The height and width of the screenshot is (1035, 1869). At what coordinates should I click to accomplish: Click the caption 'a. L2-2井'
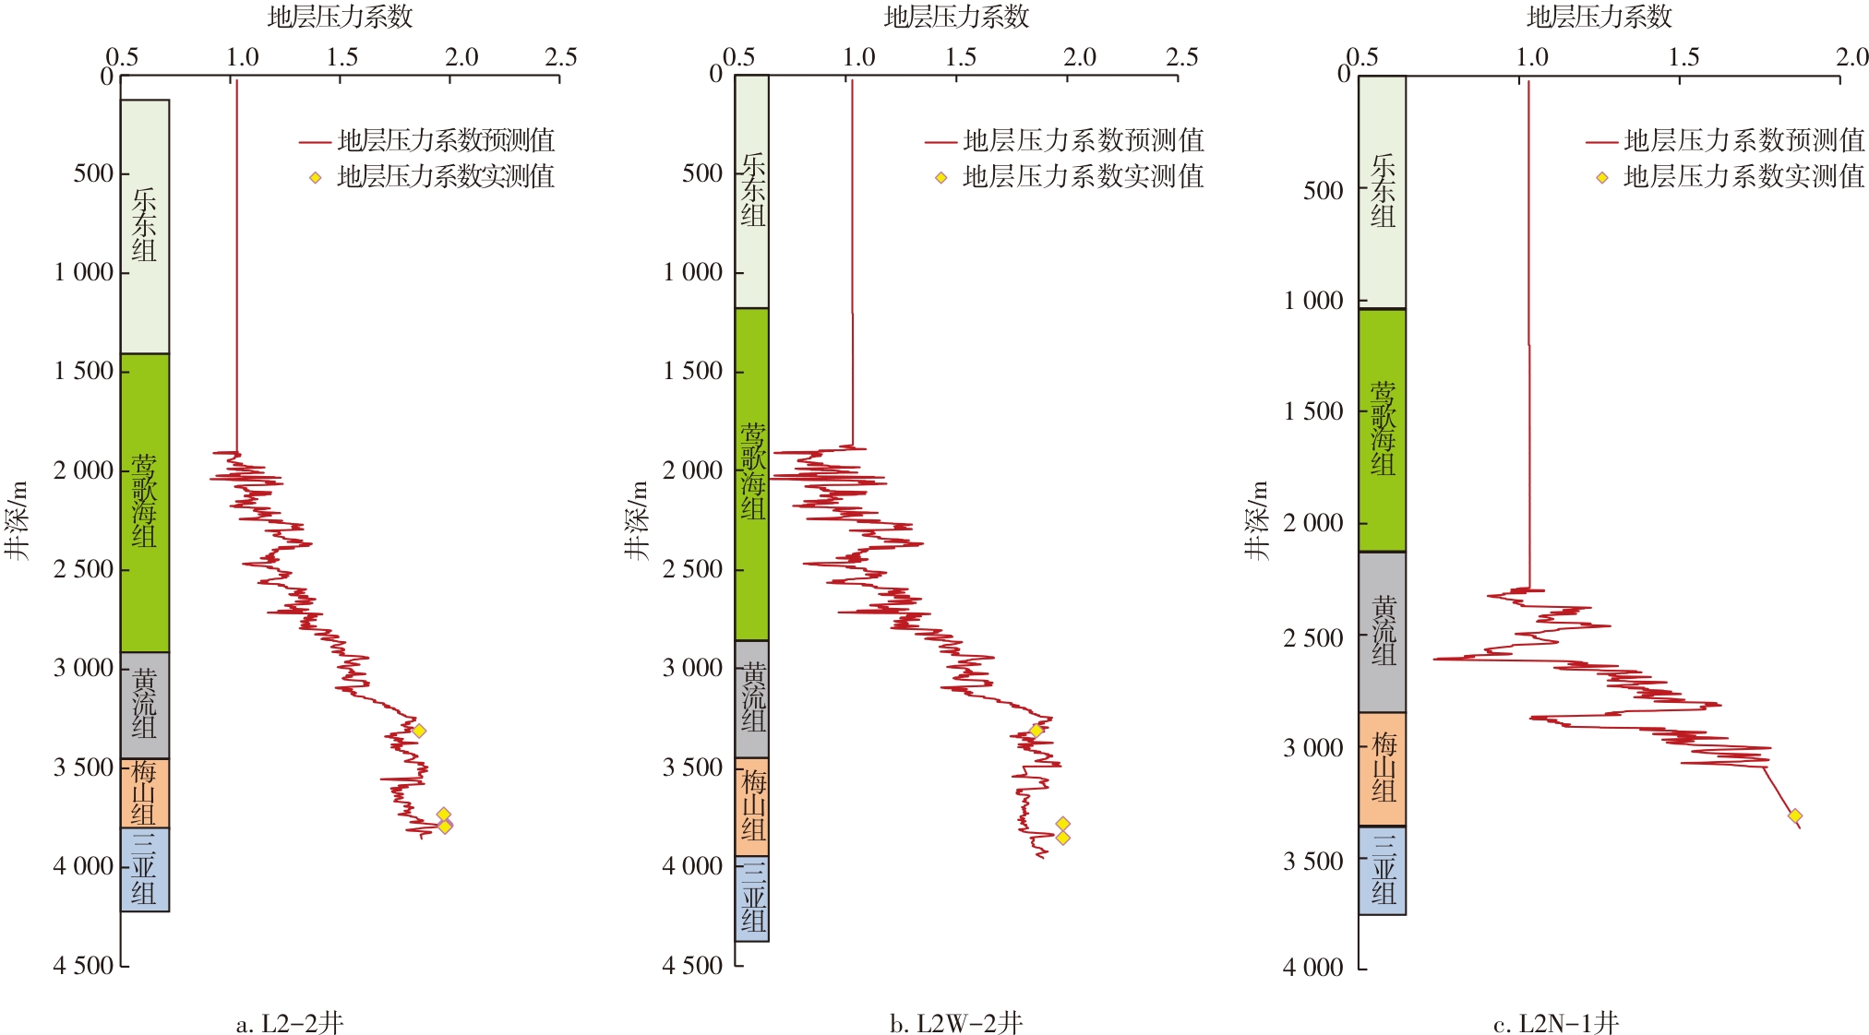tap(290, 1023)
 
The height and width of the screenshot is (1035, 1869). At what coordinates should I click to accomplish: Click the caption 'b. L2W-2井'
tap(955, 1023)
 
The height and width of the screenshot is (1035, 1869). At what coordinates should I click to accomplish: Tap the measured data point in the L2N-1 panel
tap(1794, 815)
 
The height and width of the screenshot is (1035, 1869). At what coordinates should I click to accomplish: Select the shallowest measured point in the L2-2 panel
tap(418, 731)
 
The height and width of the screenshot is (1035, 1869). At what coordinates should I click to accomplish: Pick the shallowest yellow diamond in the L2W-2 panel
tap(1036, 731)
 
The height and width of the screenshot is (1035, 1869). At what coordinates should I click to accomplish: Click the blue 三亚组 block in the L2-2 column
tap(145, 869)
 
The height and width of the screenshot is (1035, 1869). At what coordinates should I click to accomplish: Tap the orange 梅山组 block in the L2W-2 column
tap(752, 806)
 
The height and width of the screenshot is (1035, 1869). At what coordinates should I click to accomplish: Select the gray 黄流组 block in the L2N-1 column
tap(1382, 632)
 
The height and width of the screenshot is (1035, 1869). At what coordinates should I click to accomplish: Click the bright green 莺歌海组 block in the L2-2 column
tap(145, 502)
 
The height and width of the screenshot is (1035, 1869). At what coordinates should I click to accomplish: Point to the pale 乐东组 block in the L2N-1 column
tap(1382, 191)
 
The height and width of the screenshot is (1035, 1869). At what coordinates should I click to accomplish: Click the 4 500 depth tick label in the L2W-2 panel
tap(692, 965)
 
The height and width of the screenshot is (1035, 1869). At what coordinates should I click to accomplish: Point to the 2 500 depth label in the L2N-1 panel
tap(1312, 637)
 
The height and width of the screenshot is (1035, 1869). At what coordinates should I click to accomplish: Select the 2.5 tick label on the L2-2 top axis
tap(560, 57)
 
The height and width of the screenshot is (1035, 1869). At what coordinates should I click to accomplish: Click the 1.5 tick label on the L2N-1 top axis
tap(1683, 57)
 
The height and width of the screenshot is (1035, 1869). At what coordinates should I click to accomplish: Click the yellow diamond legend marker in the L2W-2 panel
tap(940, 177)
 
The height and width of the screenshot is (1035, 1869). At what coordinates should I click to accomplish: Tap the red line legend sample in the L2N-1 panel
tap(1601, 142)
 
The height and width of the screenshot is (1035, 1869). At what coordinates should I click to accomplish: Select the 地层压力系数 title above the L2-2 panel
tap(340, 17)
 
